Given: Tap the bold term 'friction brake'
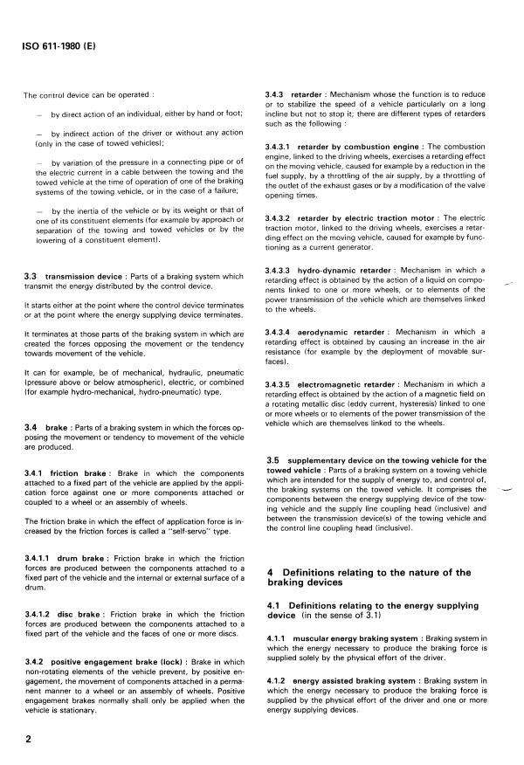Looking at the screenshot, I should (78, 472).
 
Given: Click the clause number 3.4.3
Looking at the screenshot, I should (276, 93).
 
